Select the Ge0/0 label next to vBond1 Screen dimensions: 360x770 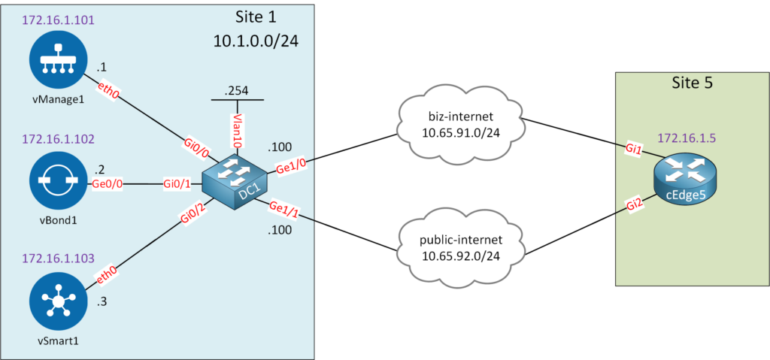108,183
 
